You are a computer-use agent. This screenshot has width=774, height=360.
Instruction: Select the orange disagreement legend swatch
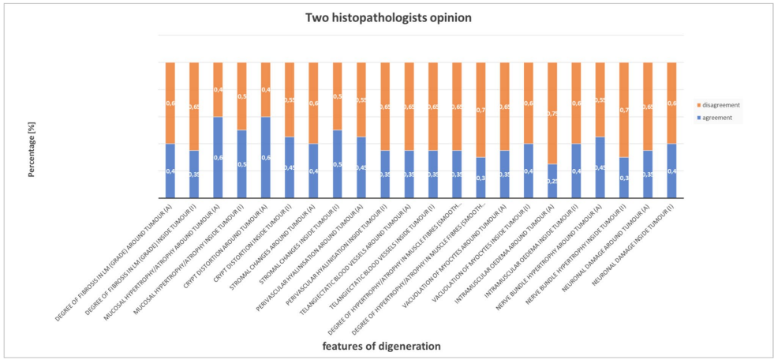[x=698, y=105]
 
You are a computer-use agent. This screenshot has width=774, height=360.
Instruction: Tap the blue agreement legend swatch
[x=698, y=118]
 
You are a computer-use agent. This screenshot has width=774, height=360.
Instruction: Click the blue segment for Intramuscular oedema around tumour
[x=552, y=181]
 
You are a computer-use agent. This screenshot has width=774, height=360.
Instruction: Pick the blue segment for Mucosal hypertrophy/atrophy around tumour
[x=218, y=157]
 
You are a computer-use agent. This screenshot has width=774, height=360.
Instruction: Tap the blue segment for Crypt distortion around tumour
[x=265, y=157]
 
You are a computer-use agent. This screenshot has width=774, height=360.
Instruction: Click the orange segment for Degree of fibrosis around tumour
[x=170, y=103]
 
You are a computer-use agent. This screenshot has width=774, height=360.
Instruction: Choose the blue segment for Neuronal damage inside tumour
[x=671, y=171]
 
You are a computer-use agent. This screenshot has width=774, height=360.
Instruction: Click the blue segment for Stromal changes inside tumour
[x=337, y=164]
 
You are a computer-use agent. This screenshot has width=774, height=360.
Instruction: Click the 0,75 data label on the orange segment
[x=552, y=114]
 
